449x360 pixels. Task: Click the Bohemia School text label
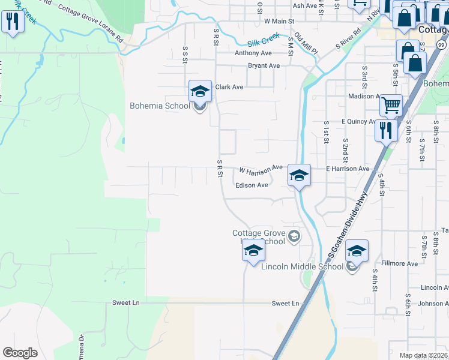(x=160, y=106)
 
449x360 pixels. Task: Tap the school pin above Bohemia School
(x=200, y=92)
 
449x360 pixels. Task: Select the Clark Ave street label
(x=229, y=87)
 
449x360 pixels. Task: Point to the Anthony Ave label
(x=249, y=53)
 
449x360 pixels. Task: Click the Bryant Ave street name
(x=264, y=65)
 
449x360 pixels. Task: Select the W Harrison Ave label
(x=261, y=169)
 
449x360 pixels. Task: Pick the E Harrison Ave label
(x=348, y=169)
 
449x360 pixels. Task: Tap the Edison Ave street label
(x=252, y=185)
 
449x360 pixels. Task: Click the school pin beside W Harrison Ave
(x=298, y=176)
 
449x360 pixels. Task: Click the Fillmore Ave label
(x=399, y=263)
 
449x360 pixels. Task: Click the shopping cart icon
(x=391, y=106)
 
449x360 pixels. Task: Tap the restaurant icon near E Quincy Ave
(x=385, y=130)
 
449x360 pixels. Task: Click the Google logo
(x=20, y=353)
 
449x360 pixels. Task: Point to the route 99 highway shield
(x=441, y=46)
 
